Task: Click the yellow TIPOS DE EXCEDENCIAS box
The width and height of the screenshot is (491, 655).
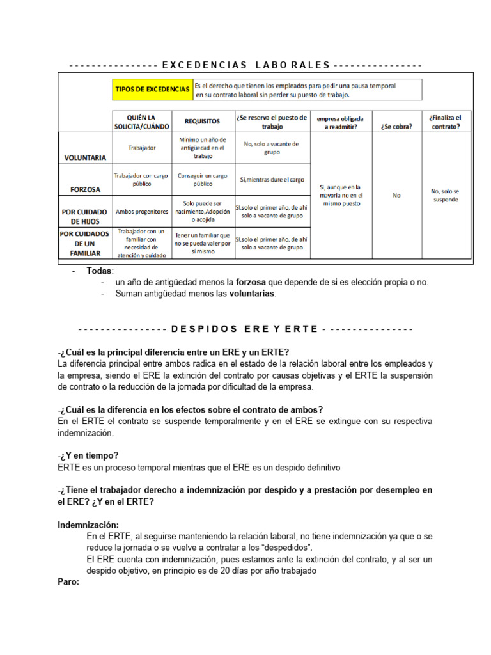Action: click(152, 90)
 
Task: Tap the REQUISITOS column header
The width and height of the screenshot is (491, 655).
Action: click(202, 121)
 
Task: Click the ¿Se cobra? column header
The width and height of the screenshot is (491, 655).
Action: click(396, 126)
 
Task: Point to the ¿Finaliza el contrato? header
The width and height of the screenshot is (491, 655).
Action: click(445, 122)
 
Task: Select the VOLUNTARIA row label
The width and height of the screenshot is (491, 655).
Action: click(85, 157)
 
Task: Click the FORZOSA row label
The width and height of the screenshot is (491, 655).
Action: click(85, 189)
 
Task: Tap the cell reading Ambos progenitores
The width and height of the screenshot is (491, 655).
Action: click(142, 211)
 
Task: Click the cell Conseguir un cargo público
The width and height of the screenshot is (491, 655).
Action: click(202, 179)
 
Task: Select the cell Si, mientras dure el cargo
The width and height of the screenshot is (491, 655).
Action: click(272, 180)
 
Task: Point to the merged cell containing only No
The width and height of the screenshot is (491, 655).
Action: click(396, 195)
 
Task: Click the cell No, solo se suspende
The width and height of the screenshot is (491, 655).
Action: click(445, 195)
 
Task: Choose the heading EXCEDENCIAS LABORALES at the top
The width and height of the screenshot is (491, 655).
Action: click(246, 65)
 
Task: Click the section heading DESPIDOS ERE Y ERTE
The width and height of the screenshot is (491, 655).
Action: click(245, 329)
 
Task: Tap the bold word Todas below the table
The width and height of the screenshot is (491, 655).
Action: click(99, 271)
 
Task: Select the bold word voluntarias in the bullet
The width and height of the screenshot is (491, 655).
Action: click(253, 294)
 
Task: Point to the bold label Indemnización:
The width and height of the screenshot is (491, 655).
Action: click(88, 525)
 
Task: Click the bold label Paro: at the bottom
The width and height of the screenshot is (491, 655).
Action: click(68, 582)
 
